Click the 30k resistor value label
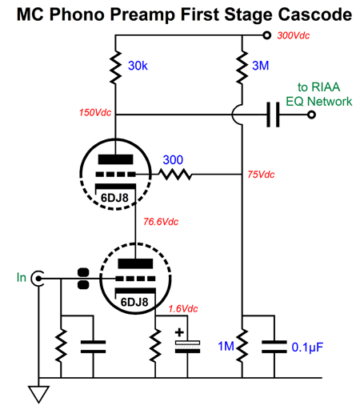[x=138, y=66]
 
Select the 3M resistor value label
[x=260, y=66]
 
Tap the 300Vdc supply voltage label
[x=294, y=35]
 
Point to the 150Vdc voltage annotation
[x=95, y=112]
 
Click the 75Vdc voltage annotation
[x=261, y=175]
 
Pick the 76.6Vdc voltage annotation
[x=161, y=222]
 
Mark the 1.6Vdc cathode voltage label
[x=183, y=309]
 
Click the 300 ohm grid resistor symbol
[x=175, y=175]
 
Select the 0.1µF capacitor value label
[x=307, y=348]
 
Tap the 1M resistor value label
[x=226, y=346]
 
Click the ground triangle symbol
[x=38, y=394]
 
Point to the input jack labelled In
[x=37, y=279]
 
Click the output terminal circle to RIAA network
[x=311, y=115]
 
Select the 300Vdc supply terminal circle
[x=266, y=35]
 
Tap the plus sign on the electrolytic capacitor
[x=179, y=332]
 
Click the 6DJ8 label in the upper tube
[x=114, y=198]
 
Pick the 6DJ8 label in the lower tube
[x=134, y=302]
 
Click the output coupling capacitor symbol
[x=274, y=115]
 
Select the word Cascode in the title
[x=315, y=14]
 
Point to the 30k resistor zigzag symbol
[x=115, y=67]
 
